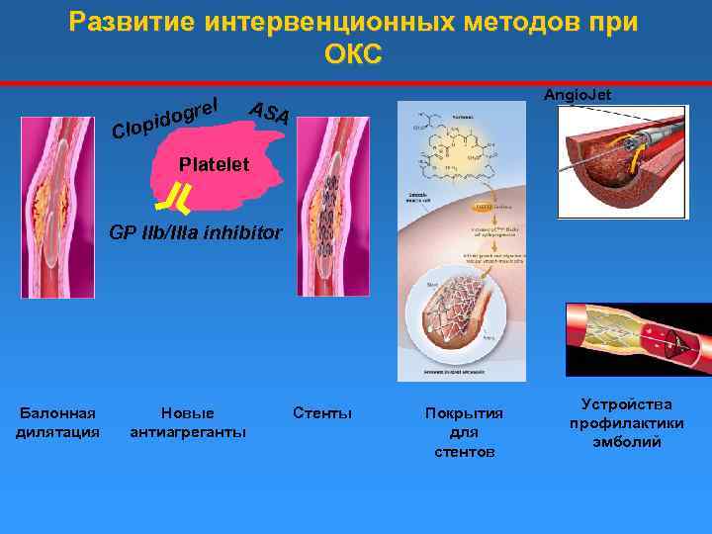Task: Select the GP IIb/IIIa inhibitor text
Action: pyautogui.click(x=196, y=234)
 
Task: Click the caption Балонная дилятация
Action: pyautogui.click(x=57, y=422)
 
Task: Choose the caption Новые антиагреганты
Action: pyautogui.click(x=188, y=422)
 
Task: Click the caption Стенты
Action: pyautogui.click(x=322, y=412)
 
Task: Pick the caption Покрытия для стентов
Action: pyautogui.click(x=464, y=432)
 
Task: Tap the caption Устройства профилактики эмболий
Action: pyautogui.click(x=627, y=423)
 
